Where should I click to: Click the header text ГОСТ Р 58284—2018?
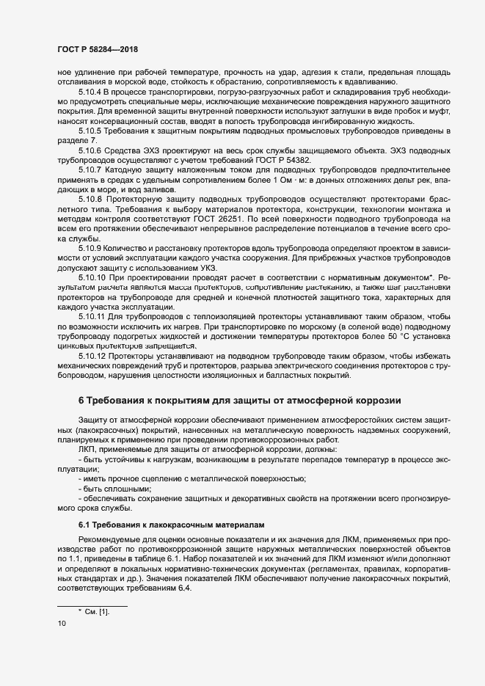click(x=97, y=49)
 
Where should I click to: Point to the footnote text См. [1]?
click(x=98, y=611)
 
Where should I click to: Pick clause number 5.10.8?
click(x=91, y=198)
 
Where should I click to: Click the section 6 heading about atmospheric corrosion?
click(x=239, y=400)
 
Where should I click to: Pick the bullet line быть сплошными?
click(x=114, y=488)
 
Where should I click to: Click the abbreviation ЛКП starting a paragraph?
click(x=87, y=448)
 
